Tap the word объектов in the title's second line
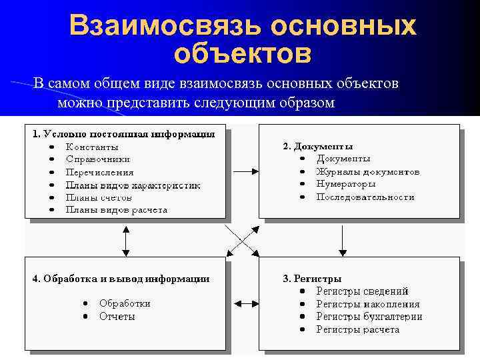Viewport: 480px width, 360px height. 242,53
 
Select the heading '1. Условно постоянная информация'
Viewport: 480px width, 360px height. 124,134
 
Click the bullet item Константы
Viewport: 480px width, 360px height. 92,147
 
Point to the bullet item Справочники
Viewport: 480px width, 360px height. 98,159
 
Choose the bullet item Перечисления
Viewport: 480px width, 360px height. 100,172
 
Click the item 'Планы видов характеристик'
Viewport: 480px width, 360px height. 133,185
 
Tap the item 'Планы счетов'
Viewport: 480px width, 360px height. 99,197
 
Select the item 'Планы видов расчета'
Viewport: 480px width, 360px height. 117,210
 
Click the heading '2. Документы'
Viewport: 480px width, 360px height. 318,146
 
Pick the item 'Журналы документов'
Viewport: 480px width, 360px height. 368,171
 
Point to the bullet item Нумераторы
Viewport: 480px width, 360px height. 346,184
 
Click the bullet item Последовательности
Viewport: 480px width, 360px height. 365,197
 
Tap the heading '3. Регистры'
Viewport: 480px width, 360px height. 313,278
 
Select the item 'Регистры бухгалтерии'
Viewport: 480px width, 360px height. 369,317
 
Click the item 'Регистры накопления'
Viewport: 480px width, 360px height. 368,304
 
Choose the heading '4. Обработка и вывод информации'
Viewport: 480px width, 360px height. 121,279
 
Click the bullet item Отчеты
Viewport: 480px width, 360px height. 117,317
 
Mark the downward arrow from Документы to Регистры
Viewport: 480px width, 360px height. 342,239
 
